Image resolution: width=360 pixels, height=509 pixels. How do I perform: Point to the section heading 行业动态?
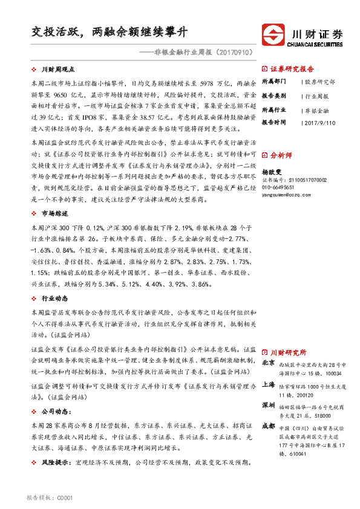(54, 299)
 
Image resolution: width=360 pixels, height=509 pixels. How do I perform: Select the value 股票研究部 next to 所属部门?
(320, 82)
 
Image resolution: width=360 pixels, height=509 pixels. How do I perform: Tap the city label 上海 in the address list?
(269, 385)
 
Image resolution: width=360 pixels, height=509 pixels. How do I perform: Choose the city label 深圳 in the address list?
(269, 405)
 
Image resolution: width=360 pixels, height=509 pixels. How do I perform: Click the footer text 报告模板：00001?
(50, 498)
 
